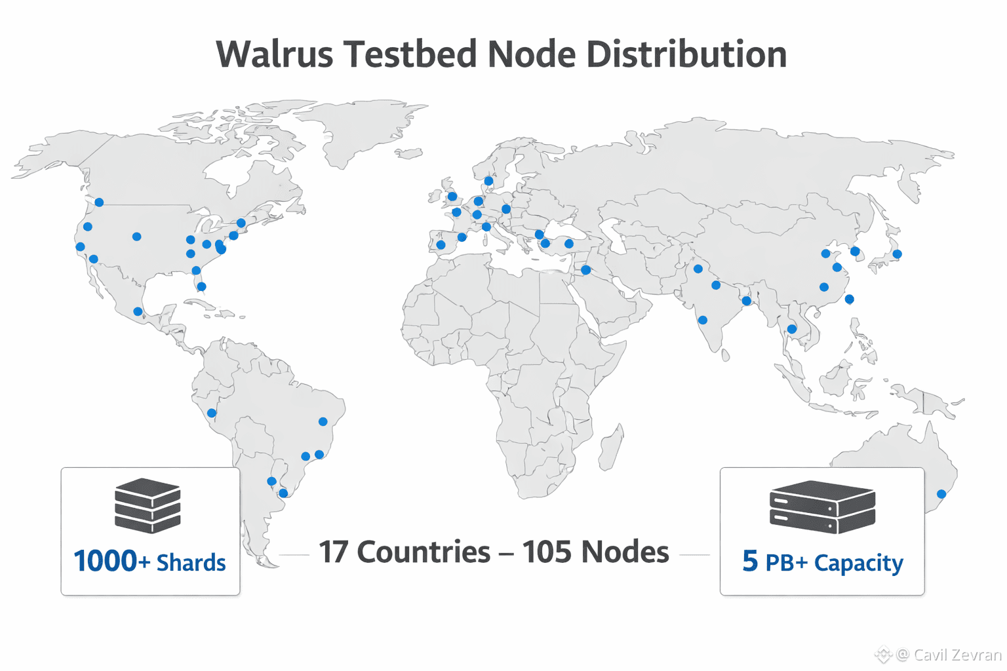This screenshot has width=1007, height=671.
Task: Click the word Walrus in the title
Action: [275, 54]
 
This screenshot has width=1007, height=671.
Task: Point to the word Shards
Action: [191, 563]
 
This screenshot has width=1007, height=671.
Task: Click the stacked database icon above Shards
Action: [148, 505]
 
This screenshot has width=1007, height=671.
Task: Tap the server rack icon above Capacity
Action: [822, 507]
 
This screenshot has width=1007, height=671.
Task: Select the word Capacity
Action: [858, 563]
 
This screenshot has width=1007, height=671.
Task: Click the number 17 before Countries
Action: [334, 552]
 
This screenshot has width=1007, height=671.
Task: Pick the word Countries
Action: [424, 552]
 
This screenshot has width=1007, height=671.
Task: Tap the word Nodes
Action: [625, 552]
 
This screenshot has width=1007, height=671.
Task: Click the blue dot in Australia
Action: [941, 494]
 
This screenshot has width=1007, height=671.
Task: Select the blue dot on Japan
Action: [897, 254]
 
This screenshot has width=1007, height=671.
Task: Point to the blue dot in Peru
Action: [212, 413]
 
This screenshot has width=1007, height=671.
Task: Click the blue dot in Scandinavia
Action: [488, 181]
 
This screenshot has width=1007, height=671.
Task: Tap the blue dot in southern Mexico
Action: [138, 311]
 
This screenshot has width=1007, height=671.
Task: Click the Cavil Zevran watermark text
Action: [957, 655]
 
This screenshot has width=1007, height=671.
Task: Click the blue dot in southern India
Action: [703, 320]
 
